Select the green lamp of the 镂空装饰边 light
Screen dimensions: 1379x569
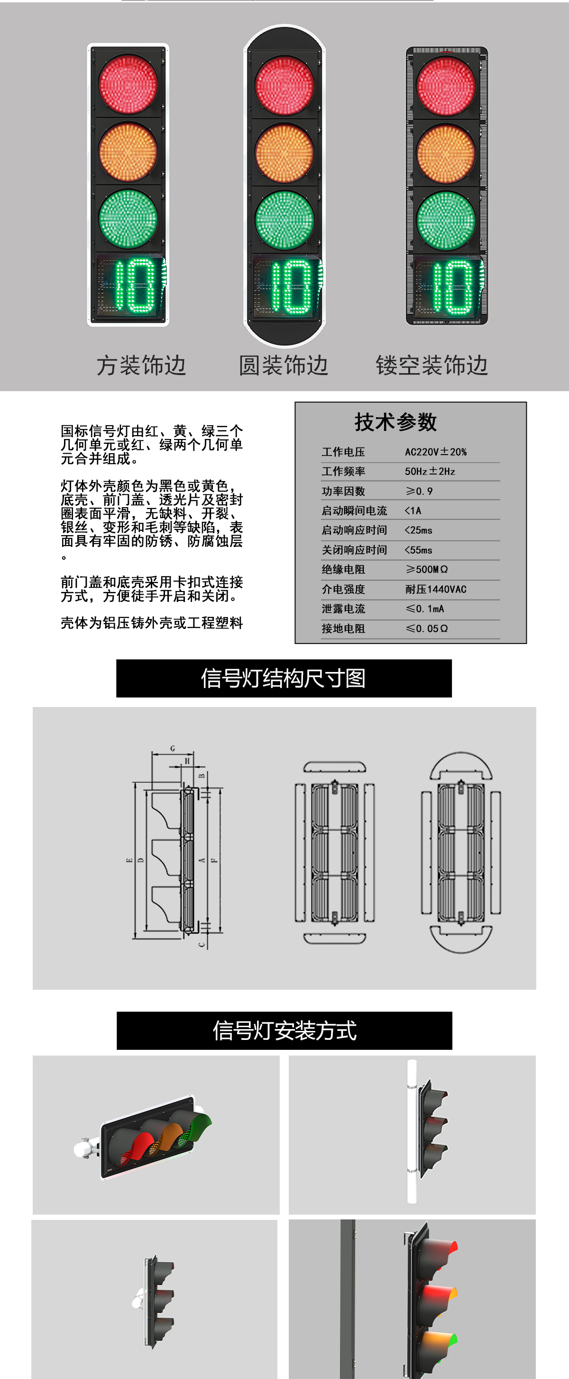446,220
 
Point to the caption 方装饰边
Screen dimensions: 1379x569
141,366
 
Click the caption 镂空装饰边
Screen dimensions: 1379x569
431,366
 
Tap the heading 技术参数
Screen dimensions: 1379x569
395,422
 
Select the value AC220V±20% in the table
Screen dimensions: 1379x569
436,452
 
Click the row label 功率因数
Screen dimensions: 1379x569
343,491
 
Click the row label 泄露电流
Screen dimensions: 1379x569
343,609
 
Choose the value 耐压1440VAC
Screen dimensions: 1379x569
436,589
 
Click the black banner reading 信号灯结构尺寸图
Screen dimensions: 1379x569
284,678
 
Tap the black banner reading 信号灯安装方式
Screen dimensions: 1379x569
284,1030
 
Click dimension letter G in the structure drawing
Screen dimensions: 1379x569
173,748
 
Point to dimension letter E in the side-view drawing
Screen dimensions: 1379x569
129,860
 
